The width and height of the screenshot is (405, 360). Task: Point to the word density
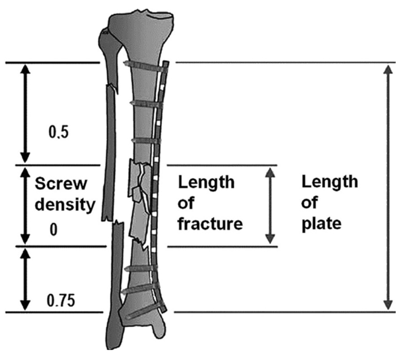tap(65, 205)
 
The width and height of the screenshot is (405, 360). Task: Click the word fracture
tap(210, 224)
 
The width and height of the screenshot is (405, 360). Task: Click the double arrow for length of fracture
tap(270, 205)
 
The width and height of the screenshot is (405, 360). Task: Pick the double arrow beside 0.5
tap(25, 112)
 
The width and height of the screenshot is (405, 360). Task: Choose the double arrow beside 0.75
tap(25, 279)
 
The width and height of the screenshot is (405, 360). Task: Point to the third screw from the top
tap(144, 141)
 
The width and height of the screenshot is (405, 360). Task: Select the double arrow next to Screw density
tap(25, 205)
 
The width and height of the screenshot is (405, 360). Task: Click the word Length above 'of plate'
tap(329, 182)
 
